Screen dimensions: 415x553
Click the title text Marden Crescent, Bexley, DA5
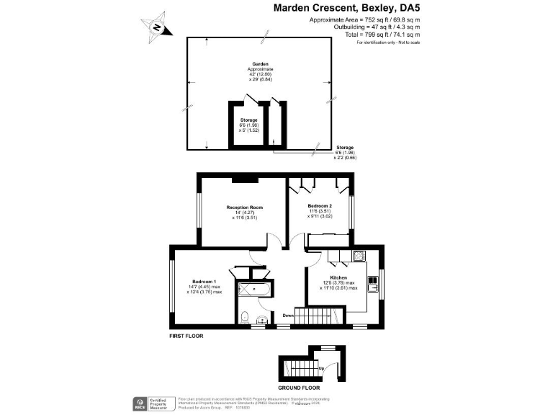point(346,7)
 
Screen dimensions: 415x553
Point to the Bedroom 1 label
point(204,281)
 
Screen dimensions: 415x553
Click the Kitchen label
point(338,277)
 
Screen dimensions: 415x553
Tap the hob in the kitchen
point(359,255)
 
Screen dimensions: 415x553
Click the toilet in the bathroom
point(245,316)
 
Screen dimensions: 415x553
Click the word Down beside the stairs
point(287,314)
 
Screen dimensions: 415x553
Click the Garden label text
point(250,64)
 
